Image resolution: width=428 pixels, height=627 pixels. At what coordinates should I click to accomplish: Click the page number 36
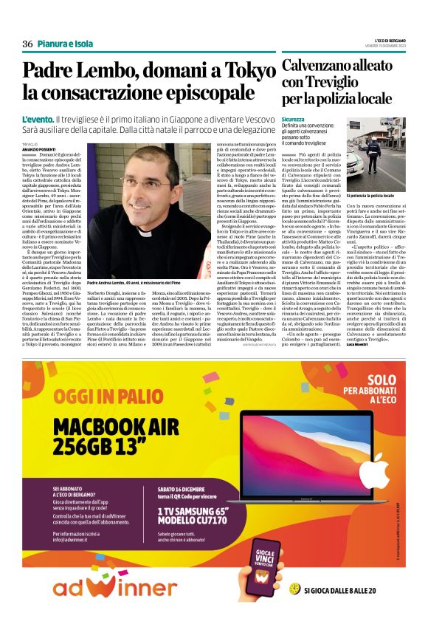coord(27,44)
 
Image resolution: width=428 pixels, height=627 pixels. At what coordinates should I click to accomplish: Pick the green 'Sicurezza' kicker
coord(293,119)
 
